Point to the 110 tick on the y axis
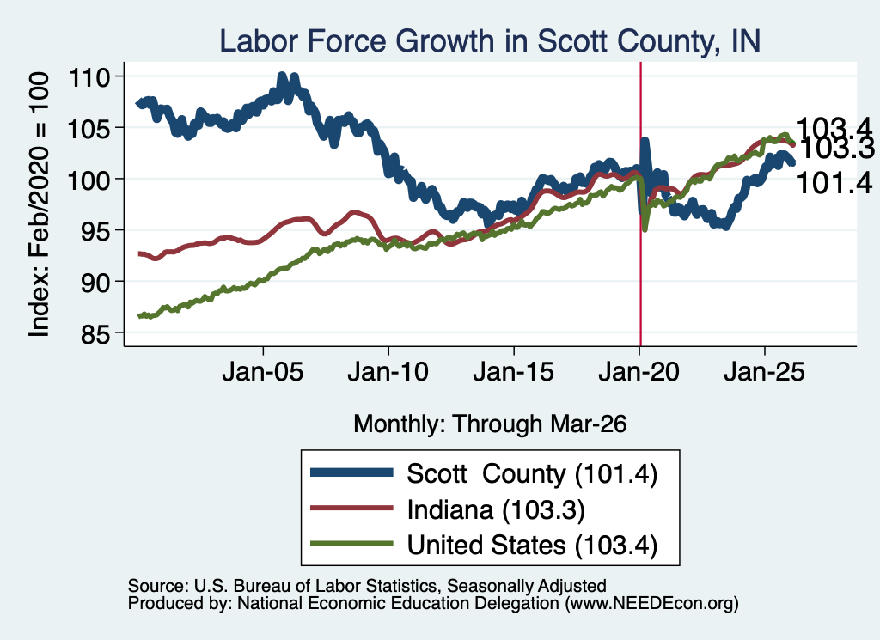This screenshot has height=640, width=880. click(x=89, y=76)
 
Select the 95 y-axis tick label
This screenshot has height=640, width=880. click(x=95, y=230)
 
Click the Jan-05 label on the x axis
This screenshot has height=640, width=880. click(x=263, y=372)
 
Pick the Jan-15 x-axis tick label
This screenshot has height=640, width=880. click(x=514, y=372)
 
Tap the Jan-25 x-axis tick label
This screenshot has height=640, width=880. click(x=764, y=372)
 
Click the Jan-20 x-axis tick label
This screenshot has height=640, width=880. click(x=639, y=372)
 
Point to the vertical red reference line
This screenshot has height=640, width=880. click(x=641, y=204)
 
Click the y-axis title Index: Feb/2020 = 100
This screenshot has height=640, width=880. click(x=40, y=204)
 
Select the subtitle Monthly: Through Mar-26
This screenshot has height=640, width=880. click(x=490, y=424)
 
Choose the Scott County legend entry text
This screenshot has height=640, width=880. click(x=532, y=474)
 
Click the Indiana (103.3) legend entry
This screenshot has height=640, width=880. click(x=496, y=510)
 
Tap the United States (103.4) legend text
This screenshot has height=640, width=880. click(x=532, y=546)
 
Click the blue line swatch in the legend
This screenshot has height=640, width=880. click(x=351, y=472)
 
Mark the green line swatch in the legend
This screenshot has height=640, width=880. click(x=351, y=544)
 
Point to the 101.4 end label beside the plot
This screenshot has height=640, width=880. click(x=834, y=184)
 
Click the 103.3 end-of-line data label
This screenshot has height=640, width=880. click(x=836, y=149)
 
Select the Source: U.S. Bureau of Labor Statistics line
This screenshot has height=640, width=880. click(x=367, y=586)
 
